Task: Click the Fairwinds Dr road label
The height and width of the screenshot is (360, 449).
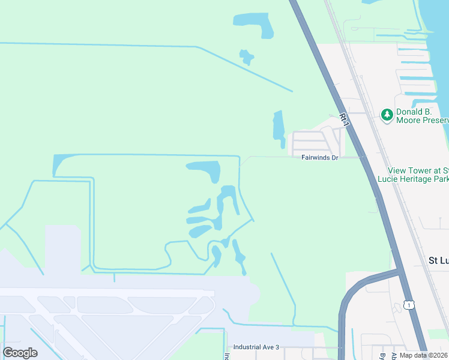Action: [x=320, y=157]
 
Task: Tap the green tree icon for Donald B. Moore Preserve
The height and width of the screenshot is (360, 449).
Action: [x=387, y=113]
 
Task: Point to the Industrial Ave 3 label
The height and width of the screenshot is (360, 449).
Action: [x=256, y=347]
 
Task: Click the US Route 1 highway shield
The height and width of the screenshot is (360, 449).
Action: [x=409, y=305]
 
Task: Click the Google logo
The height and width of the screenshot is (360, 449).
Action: [x=20, y=353]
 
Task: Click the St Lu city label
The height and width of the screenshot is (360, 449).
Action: [x=438, y=260]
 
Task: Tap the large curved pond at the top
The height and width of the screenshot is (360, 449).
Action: [x=255, y=23]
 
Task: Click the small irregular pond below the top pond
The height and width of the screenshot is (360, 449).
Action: [x=246, y=57]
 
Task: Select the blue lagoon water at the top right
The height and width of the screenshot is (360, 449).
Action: [x=435, y=36]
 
